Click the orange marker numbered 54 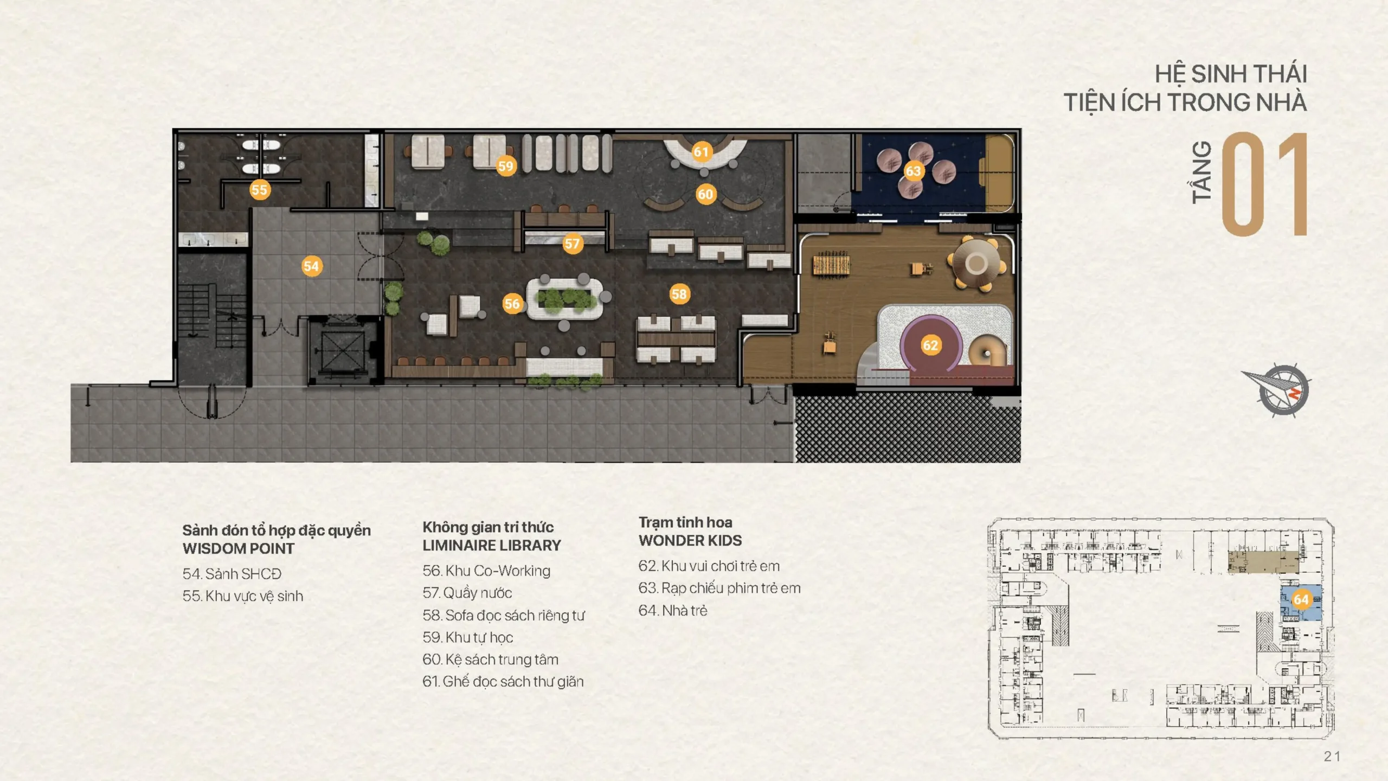click(312, 266)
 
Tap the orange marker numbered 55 click(260, 190)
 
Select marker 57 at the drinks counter click(573, 244)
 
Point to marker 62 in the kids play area click(931, 345)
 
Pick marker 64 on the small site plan click(1301, 599)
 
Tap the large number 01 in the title click(1264, 184)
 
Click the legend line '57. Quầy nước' click(467, 593)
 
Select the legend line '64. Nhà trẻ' click(673, 611)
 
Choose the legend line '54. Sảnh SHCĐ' click(232, 574)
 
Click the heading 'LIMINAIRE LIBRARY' click(492, 545)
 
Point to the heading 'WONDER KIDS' click(690, 540)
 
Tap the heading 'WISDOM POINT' click(239, 548)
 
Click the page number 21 click(1332, 757)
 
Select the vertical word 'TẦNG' click(1201, 172)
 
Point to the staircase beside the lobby click(213, 320)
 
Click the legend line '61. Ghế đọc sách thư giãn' click(503, 681)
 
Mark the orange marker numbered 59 click(506, 166)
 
